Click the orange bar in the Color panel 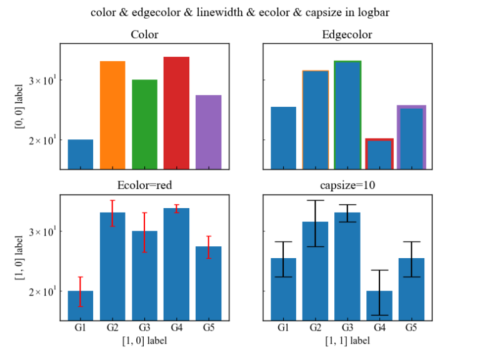112,116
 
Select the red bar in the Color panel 176,113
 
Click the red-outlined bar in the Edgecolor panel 379,154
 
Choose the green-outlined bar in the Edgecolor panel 347,116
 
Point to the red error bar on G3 144,232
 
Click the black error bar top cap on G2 315,201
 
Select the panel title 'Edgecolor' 347,35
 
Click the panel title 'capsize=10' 347,186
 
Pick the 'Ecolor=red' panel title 144,186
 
